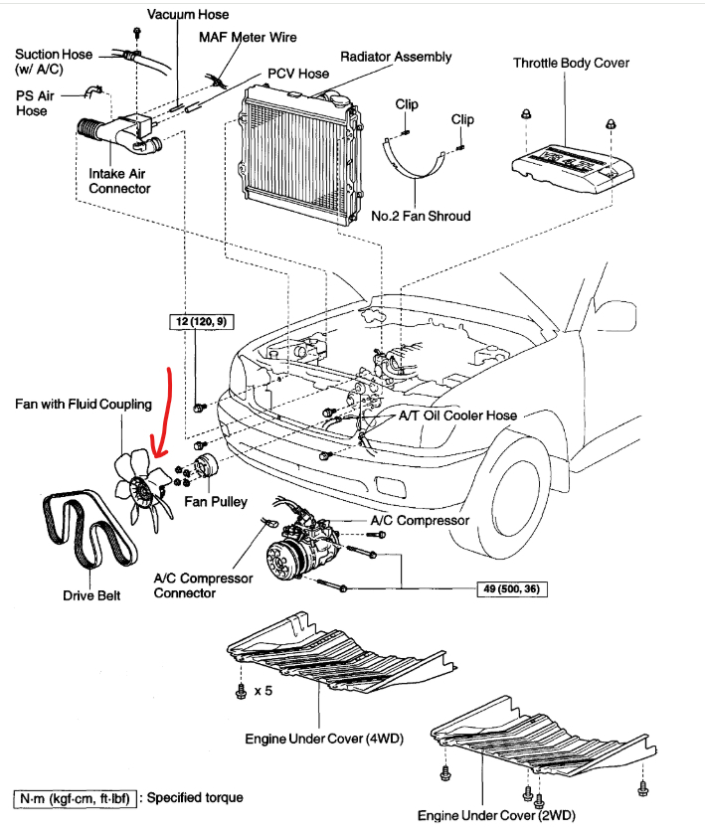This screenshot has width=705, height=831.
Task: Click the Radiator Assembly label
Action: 396,57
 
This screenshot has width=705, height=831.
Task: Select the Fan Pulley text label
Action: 215,502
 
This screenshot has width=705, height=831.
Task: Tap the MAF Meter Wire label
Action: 247,37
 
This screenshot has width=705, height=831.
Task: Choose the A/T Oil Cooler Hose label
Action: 457,414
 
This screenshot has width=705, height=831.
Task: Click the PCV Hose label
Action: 298,74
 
